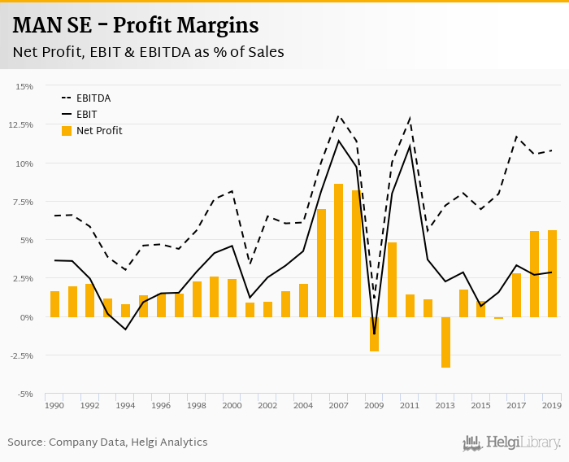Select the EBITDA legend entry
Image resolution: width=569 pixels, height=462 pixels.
93,98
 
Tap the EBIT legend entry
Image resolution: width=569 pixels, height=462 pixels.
87,115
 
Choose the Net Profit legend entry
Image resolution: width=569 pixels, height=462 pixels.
99,130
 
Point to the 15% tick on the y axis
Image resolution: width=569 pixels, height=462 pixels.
24,86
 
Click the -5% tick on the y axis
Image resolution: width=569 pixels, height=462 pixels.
24,394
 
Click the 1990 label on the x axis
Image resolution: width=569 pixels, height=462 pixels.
54,405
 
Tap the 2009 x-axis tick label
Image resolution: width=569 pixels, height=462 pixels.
374,405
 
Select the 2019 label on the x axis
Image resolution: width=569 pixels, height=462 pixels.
552,405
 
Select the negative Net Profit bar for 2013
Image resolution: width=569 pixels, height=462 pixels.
445,342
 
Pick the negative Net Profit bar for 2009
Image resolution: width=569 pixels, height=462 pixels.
374,333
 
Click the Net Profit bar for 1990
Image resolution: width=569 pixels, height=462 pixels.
54,304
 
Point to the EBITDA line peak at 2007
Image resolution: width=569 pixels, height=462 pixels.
339,115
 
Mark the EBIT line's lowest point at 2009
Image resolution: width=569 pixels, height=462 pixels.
374,333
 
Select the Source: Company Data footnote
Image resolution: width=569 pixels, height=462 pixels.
107,442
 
